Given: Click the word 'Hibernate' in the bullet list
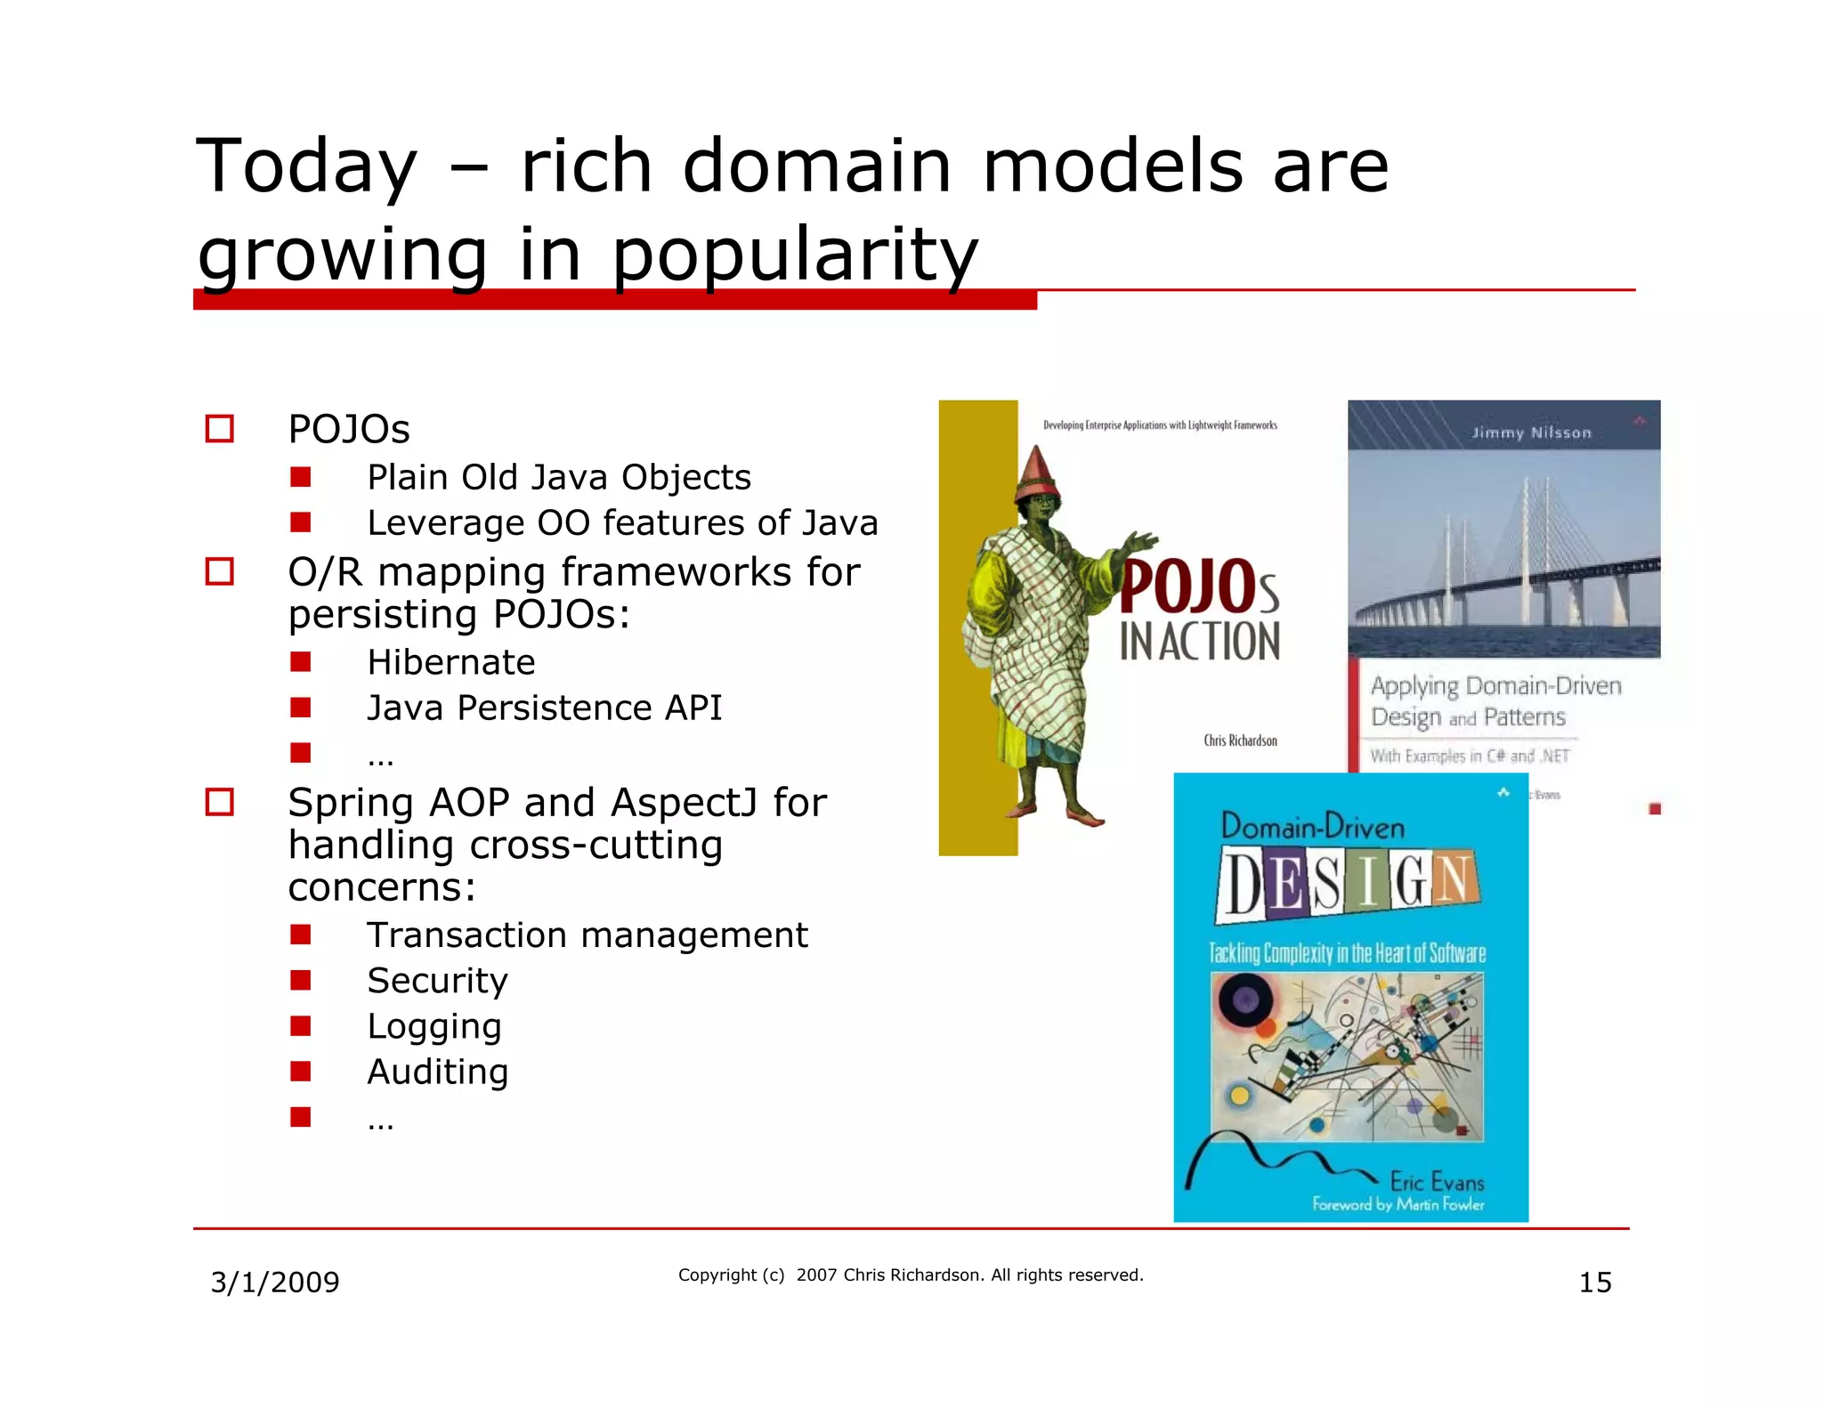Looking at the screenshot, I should click(450, 663).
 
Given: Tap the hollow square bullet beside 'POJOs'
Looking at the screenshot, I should click(219, 429).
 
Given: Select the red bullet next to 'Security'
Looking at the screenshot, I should click(301, 981).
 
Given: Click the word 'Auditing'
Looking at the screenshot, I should click(437, 1072).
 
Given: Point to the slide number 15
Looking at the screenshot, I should click(1594, 1283).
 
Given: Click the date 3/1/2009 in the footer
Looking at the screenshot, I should click(274, 1283).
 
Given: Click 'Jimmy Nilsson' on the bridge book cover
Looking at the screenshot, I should click(1531, 433).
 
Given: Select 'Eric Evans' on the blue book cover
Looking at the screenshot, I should click(1437, 1182).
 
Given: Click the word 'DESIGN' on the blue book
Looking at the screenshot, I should click(1348, 884).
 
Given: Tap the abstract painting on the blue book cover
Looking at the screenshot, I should click(1347, 1056).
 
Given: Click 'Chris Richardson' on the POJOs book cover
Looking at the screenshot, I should click(1240, 740).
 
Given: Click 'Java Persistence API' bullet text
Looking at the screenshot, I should click(544, 708).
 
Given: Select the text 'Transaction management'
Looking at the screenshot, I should click(587, 935).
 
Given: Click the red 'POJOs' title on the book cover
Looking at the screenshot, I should click(1198, 587).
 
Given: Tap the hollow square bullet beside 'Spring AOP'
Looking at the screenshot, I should click(219, 802).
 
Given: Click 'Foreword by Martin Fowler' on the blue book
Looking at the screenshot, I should click(1398, 1205).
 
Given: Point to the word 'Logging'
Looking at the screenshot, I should click(434, 1026).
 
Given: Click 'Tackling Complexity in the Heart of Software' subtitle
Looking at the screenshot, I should click(1347, 953).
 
